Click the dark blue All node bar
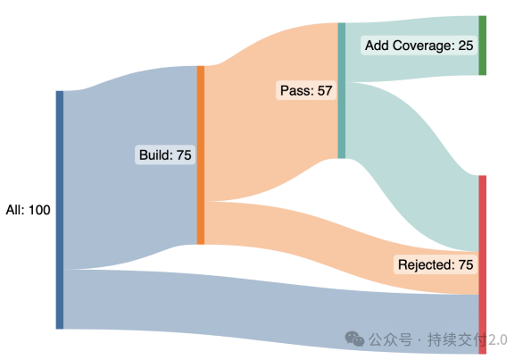pyautogui.click(x=60, y=210)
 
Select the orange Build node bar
pyautogui.click(x=201, y=155)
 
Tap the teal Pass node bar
pyautogui.click(x=342, y=90)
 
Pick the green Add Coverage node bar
pyautogui.click(x=482, y=46)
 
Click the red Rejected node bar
pyautogui.click(x=482, y=264)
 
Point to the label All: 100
pyautogui.click(x=28, y=210)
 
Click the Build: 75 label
pyautogui.click(x=165, y=155)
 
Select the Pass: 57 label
pyautogui.click(x=306, y=90)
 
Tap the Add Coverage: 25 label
pyautogui.click(x=419, y=46)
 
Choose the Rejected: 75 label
pyautogui.click(x=436, y=264)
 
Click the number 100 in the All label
pyautogui.click(x=39, y=210)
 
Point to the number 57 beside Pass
pyautogui.click(x=325, y=91)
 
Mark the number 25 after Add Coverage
pyautogui.click(x=466, y=46)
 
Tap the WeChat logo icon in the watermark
pyautogui.click(x=354, y=339)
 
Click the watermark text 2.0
pyautogui.click(x=498, y=340)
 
